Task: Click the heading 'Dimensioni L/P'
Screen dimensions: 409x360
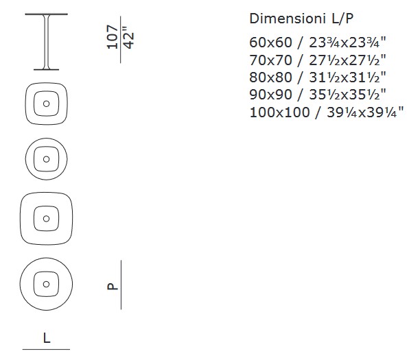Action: click(301, 19)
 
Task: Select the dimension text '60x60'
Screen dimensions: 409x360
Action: click(270, 43)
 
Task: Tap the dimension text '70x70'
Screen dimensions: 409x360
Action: click(270, 60)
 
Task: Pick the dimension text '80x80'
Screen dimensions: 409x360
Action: click(270, 77)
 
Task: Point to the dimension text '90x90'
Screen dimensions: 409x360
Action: click(270, 95)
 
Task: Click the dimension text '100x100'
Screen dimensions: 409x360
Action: click(279, 112)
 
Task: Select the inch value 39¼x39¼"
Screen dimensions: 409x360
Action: click(365, 112)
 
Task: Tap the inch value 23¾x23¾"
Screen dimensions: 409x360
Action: click(347, 43)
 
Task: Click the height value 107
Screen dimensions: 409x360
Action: click(112, 37)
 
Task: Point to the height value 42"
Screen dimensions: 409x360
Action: click(128, 37)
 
